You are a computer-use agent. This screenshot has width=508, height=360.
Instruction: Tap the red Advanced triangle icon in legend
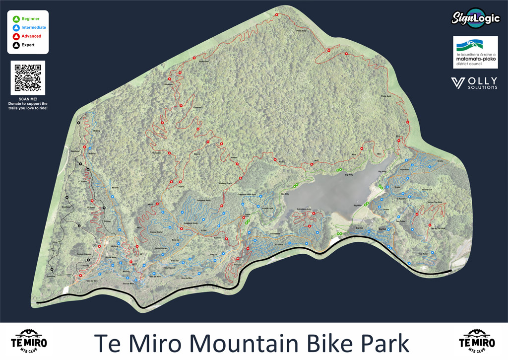tap(16, 36)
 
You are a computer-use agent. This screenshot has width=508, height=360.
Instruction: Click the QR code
tap(28, 77)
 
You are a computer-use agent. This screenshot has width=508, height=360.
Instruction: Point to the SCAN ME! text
tap(28, 99)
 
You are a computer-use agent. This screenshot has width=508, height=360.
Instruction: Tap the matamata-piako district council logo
tap(475, 52)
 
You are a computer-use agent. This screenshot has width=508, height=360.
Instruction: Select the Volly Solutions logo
tap(474, 83)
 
